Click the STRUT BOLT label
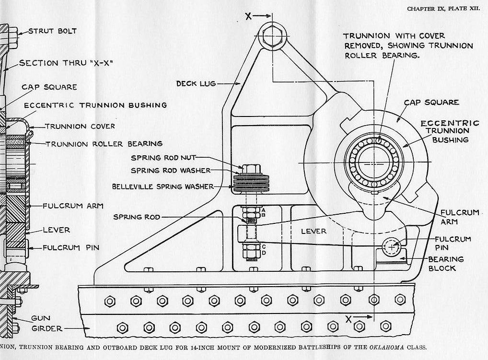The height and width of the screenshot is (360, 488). pos(52,31)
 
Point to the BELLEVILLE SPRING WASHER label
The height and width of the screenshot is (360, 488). pos(162,186)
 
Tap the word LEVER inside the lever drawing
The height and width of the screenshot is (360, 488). pos(314,232)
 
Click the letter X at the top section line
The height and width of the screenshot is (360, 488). pos(248,16)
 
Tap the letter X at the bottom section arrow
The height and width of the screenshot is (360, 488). pos(349,318)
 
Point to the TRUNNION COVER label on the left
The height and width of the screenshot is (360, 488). pos(80,127)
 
